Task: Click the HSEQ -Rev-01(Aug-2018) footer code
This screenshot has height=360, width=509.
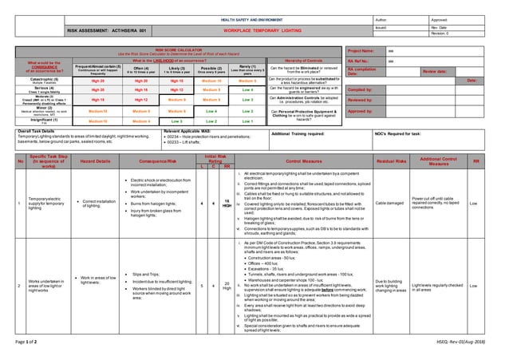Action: (x=467, y=343)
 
